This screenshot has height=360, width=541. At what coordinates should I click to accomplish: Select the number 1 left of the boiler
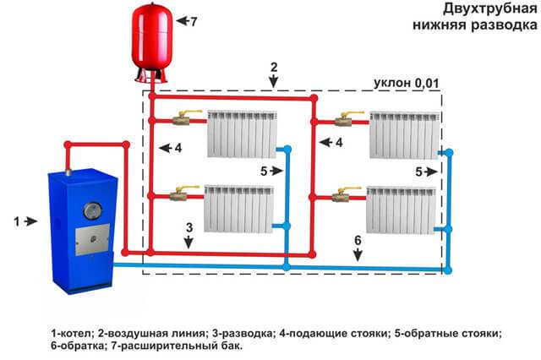coord(15,221)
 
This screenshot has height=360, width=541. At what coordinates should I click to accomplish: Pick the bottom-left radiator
coord(239,206)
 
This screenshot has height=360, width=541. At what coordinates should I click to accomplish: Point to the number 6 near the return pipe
coord(358,241)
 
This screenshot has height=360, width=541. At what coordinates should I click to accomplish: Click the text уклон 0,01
coord(411,84)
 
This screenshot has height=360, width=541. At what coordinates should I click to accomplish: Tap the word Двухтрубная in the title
coord(485,9)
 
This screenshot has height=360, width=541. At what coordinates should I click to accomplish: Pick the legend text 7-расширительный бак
coord(191,346)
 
